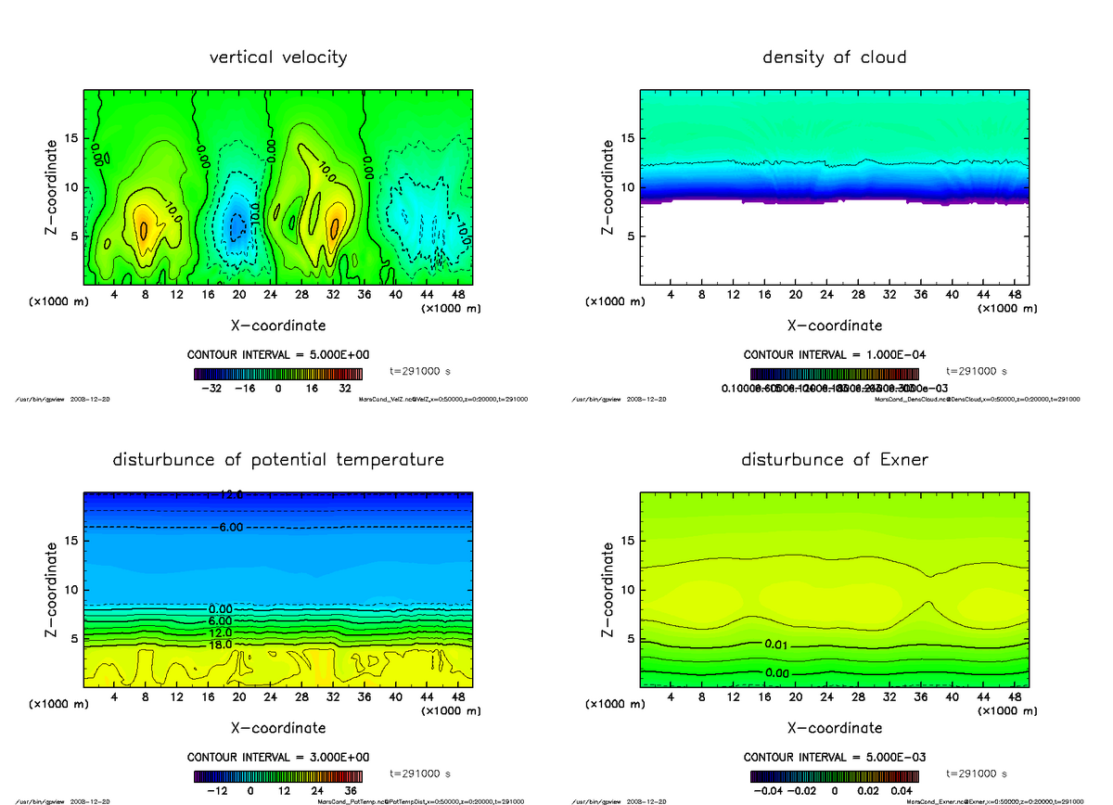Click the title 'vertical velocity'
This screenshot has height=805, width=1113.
[x=278, y=57]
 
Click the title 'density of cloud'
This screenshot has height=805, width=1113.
[x=834, y=57]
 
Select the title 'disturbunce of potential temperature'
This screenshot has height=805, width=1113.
[x=278, y=460]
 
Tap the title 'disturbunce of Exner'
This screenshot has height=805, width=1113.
[x=834, y=460]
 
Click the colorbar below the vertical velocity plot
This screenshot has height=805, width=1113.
[x=278, y=375]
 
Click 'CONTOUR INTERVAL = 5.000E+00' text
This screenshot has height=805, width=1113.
[x=278, y=355]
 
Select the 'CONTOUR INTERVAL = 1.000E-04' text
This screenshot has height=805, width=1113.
[x=835, y=355]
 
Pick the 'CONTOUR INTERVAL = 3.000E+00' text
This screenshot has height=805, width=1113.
[x=278, y=757]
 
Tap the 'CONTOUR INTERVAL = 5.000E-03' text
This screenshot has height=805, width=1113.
[x=835, y=757]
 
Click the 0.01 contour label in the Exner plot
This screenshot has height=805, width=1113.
[x=777, y=645]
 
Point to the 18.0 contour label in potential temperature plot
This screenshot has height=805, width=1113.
[x=220, y=645]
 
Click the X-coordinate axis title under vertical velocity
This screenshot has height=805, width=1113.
[x=278, y=326]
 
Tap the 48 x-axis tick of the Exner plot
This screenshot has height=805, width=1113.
[x=1015, y=696]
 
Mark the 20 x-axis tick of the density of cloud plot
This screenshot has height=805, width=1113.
[x=795, y=294]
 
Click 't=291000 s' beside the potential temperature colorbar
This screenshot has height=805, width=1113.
[x=420, y=773]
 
